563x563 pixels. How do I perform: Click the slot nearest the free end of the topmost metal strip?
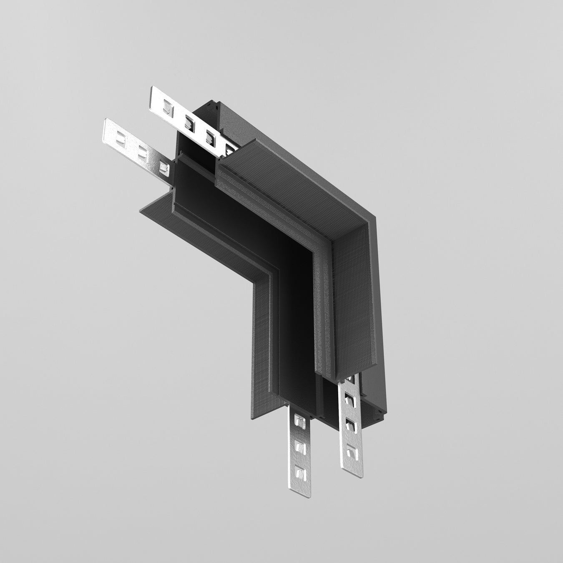coord(168,109)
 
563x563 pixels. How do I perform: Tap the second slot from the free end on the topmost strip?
coord(189,122)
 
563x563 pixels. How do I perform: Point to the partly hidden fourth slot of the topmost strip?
coord(229,146)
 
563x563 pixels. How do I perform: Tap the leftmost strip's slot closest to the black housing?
coord(164,167)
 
